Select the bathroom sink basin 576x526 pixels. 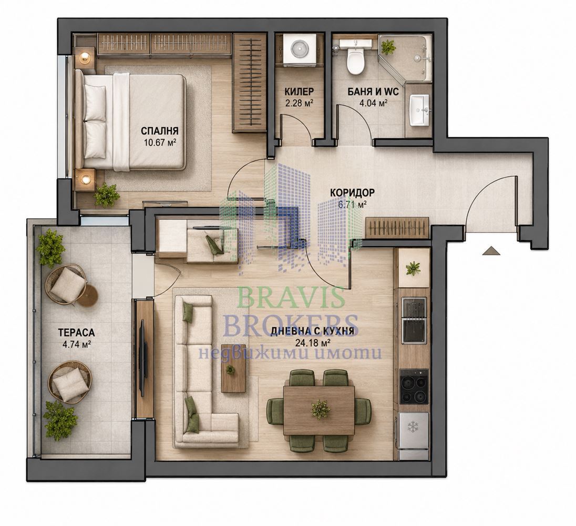pyautogui.click(x=419, y=110)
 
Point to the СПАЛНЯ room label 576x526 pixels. pyautogui.click(x=159, y=131)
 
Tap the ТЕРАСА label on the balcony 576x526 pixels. pyautogui.click(x=76, y=332)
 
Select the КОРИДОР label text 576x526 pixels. pyautogui.click(x=352, y=193)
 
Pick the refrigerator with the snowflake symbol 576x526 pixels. pyautogui.click(x=414, y=436)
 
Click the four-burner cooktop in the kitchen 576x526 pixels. pyautogui.click(x=414, y=386)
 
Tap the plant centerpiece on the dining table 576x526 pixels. pyautogui.click(x=320, y=409)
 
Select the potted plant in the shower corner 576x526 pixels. pyautogui.click(x=388, y=47)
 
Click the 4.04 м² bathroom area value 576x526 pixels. pyautogui.click(x=373, y=103)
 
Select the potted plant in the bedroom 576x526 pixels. pyautogui.click(x=107, y=195)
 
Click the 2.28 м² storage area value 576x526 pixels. pyautogui.click(x=299, y=103)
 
